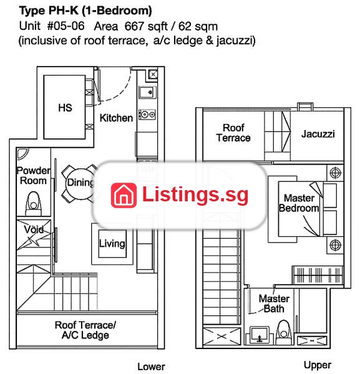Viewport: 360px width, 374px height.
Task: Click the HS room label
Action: [65, 108]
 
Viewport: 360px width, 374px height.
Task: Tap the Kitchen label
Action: [116, 118]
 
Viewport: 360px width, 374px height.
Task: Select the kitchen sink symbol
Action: [147, 92]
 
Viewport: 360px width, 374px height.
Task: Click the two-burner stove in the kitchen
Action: [147, 115]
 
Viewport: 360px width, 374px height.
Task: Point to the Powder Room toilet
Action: [34, 204]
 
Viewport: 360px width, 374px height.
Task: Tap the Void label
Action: [34, 229]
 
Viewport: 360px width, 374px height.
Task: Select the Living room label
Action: [112, 244]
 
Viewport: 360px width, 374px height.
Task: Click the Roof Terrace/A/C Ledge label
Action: [85, 330]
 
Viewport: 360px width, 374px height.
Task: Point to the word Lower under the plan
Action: [151, 367]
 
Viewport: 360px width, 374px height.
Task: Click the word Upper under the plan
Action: [318, 365]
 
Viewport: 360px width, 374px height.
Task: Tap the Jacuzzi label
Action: [318, 134]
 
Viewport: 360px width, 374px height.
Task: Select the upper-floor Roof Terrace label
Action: [233, 133]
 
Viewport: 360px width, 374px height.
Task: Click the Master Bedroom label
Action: [299, 203]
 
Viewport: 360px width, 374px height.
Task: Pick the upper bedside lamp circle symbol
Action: [335, 173]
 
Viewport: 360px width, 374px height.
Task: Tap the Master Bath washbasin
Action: [260, 335]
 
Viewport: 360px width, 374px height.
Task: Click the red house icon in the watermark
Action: [124, 195]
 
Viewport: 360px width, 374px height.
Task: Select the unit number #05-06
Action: [66, 26]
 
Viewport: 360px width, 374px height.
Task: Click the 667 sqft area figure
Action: [146, 26]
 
